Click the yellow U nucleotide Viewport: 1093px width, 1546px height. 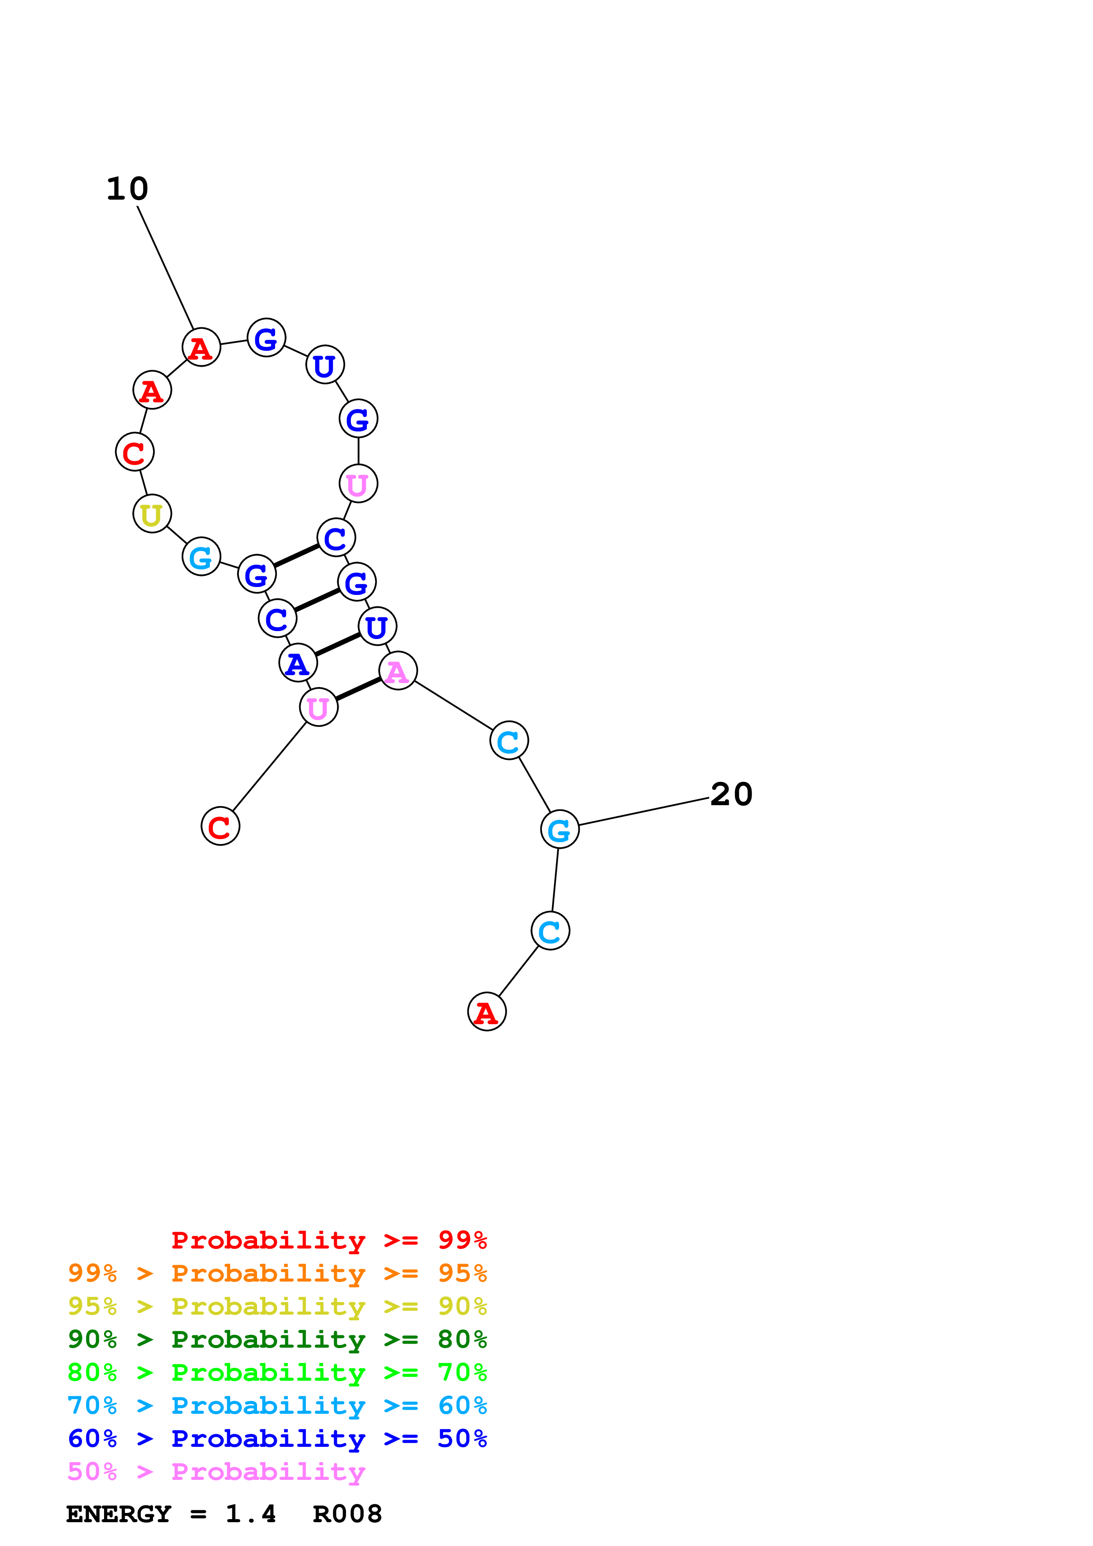coord(152,514)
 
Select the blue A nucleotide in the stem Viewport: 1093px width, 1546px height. coord(298,663)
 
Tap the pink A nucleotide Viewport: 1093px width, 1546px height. coord(398,671)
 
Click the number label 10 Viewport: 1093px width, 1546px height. coord(127,189)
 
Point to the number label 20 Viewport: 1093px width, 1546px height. coord(731,795)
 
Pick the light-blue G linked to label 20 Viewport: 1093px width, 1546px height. coord(560,829)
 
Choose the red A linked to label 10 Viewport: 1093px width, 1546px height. coord(201,347)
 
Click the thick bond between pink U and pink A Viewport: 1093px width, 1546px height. coord(358,689)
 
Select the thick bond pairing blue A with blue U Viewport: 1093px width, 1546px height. coord(337,644)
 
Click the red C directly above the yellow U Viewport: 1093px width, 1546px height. coord(134,452)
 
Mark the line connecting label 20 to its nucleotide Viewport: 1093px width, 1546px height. coord(643,811)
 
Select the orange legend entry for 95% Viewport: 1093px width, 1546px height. coord(277,1273)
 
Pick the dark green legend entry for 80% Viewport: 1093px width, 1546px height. coord(277,1339)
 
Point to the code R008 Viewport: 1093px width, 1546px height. coord(347,1514)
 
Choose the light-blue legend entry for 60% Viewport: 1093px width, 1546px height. coord(277,1405)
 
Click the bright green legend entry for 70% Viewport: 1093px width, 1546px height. coord(277,1372)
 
